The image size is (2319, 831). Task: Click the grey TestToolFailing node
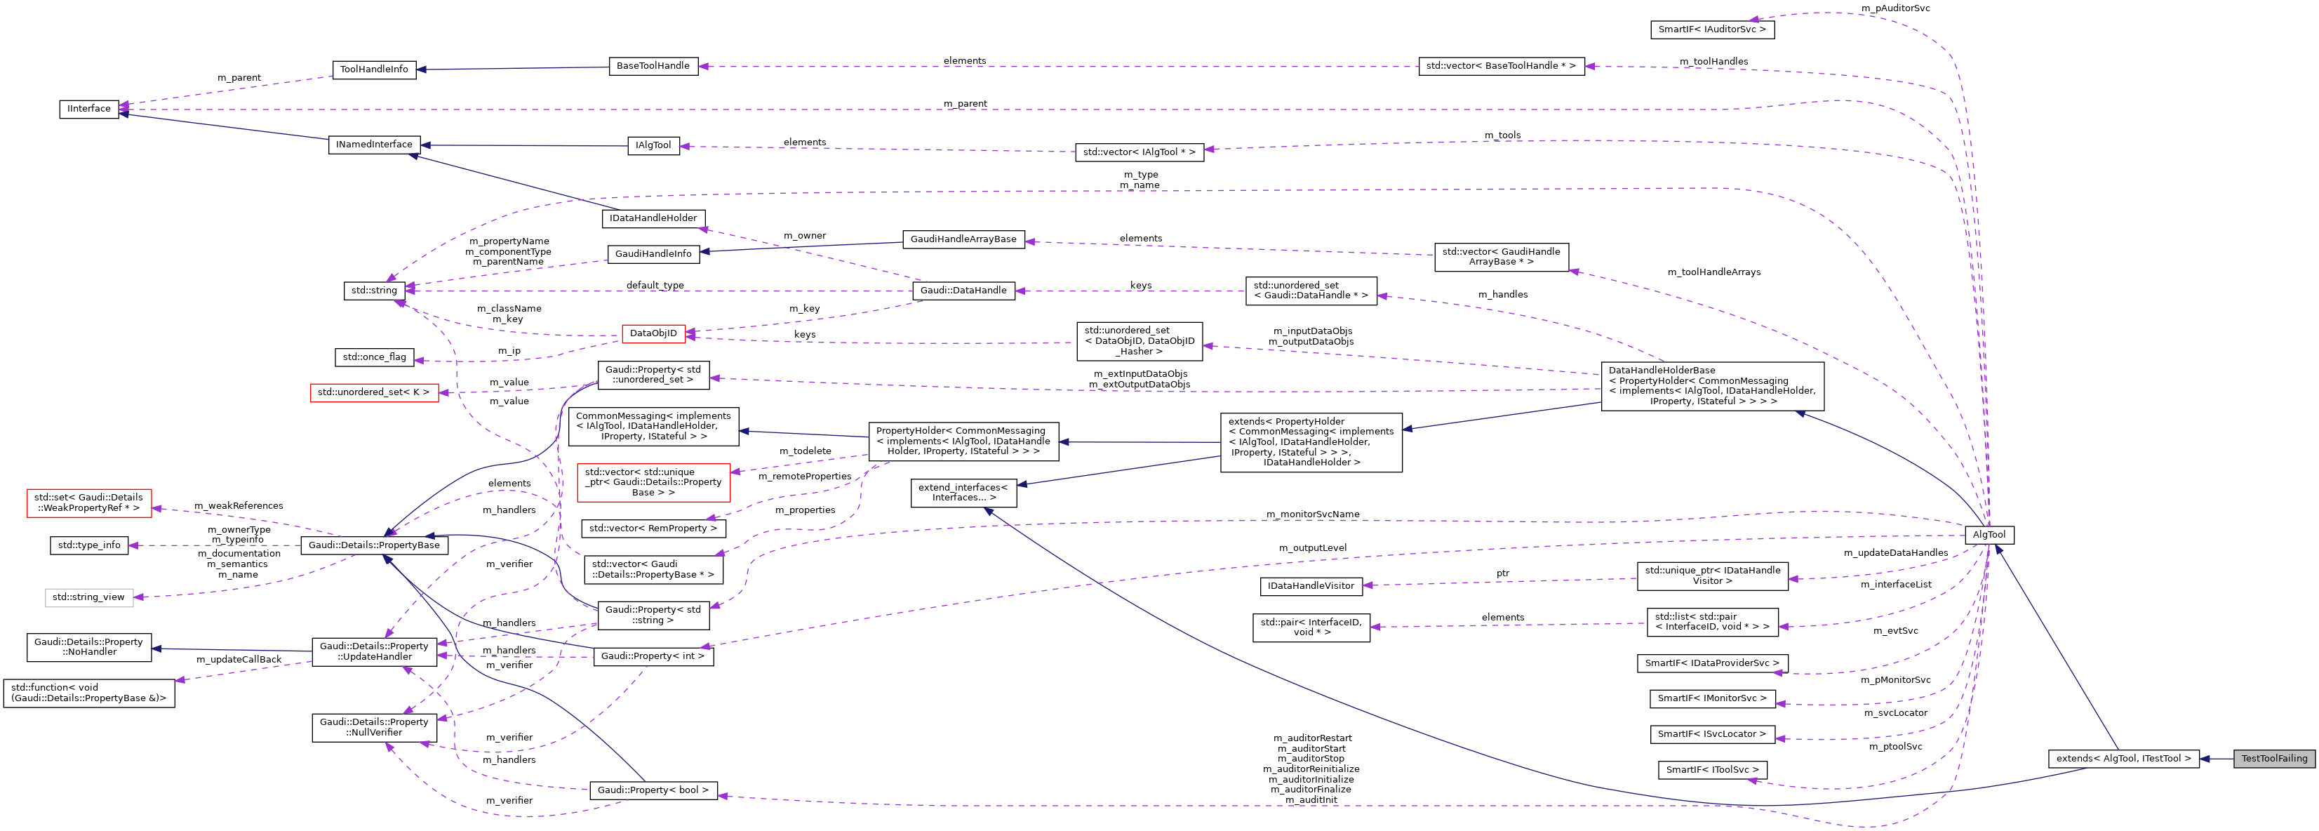pos(2274,758)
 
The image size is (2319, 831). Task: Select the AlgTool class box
pos(1989,535)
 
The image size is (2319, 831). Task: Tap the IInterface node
pos(89,109)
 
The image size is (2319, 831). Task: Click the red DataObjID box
pos(653,333)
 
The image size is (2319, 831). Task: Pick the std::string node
pos(373,291)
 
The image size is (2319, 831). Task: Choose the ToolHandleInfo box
pos(373,69)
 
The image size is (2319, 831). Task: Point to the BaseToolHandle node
pos(653,66)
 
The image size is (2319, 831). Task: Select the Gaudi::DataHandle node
pos(963,291)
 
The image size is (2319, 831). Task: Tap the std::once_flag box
pos(373,357)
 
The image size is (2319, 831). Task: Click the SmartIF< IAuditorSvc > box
pos(1712,29)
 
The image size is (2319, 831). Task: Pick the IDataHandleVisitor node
pos(1310,586)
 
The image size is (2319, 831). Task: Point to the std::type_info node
pos(89,545)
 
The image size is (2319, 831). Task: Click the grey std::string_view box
pos(89,597)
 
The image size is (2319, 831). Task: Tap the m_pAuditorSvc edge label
pos(1895,8)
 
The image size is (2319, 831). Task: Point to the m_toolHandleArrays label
pos(1713,272)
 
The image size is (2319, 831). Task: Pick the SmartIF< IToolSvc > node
pos(1712,770)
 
